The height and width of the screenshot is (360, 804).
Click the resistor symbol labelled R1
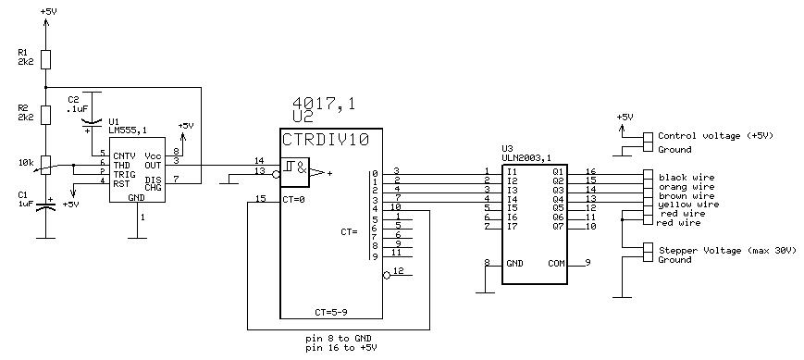click(x=45, y=59)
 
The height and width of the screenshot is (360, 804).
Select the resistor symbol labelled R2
click(x=45, y=115)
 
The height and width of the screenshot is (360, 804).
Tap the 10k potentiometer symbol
click(x=45, y=165)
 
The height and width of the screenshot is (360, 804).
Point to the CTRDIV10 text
click(x=326, y=140)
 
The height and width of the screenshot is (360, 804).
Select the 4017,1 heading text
click(x=323, y=104)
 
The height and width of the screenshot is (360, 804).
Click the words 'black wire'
click(x=679, y=178)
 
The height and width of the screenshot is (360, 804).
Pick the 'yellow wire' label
click(x=682, y=205)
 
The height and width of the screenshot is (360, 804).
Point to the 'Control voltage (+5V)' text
click(x=715, y=136)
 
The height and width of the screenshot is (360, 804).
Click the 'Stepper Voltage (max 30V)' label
click(x=727, y=251)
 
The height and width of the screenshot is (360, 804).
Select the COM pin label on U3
click(x=556, y=264)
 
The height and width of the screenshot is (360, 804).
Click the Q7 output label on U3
click(x=559, y=227)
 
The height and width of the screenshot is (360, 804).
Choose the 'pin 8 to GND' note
click(x=338, y=339)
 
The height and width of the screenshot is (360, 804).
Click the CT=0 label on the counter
click(x=292, y=200)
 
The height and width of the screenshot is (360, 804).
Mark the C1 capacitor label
click(x=22, y=195)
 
